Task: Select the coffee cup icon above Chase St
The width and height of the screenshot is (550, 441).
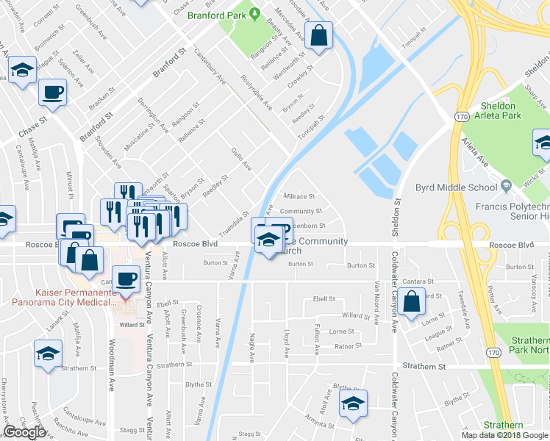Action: coord(53,93)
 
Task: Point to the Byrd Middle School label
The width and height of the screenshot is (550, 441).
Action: coord(456,187)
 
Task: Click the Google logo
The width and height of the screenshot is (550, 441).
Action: coord(24,432)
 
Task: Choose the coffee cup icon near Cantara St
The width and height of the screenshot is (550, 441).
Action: coord(128,279)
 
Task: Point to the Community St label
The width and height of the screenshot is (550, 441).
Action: coord(301,212)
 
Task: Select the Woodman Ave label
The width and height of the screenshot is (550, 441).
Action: coord(113,382)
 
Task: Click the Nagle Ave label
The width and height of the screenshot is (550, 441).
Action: coord(251,345)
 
